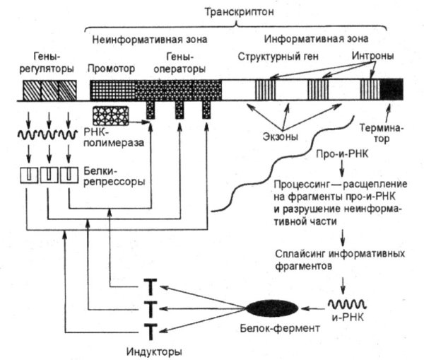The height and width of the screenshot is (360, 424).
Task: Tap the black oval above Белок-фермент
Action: (271, 308)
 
